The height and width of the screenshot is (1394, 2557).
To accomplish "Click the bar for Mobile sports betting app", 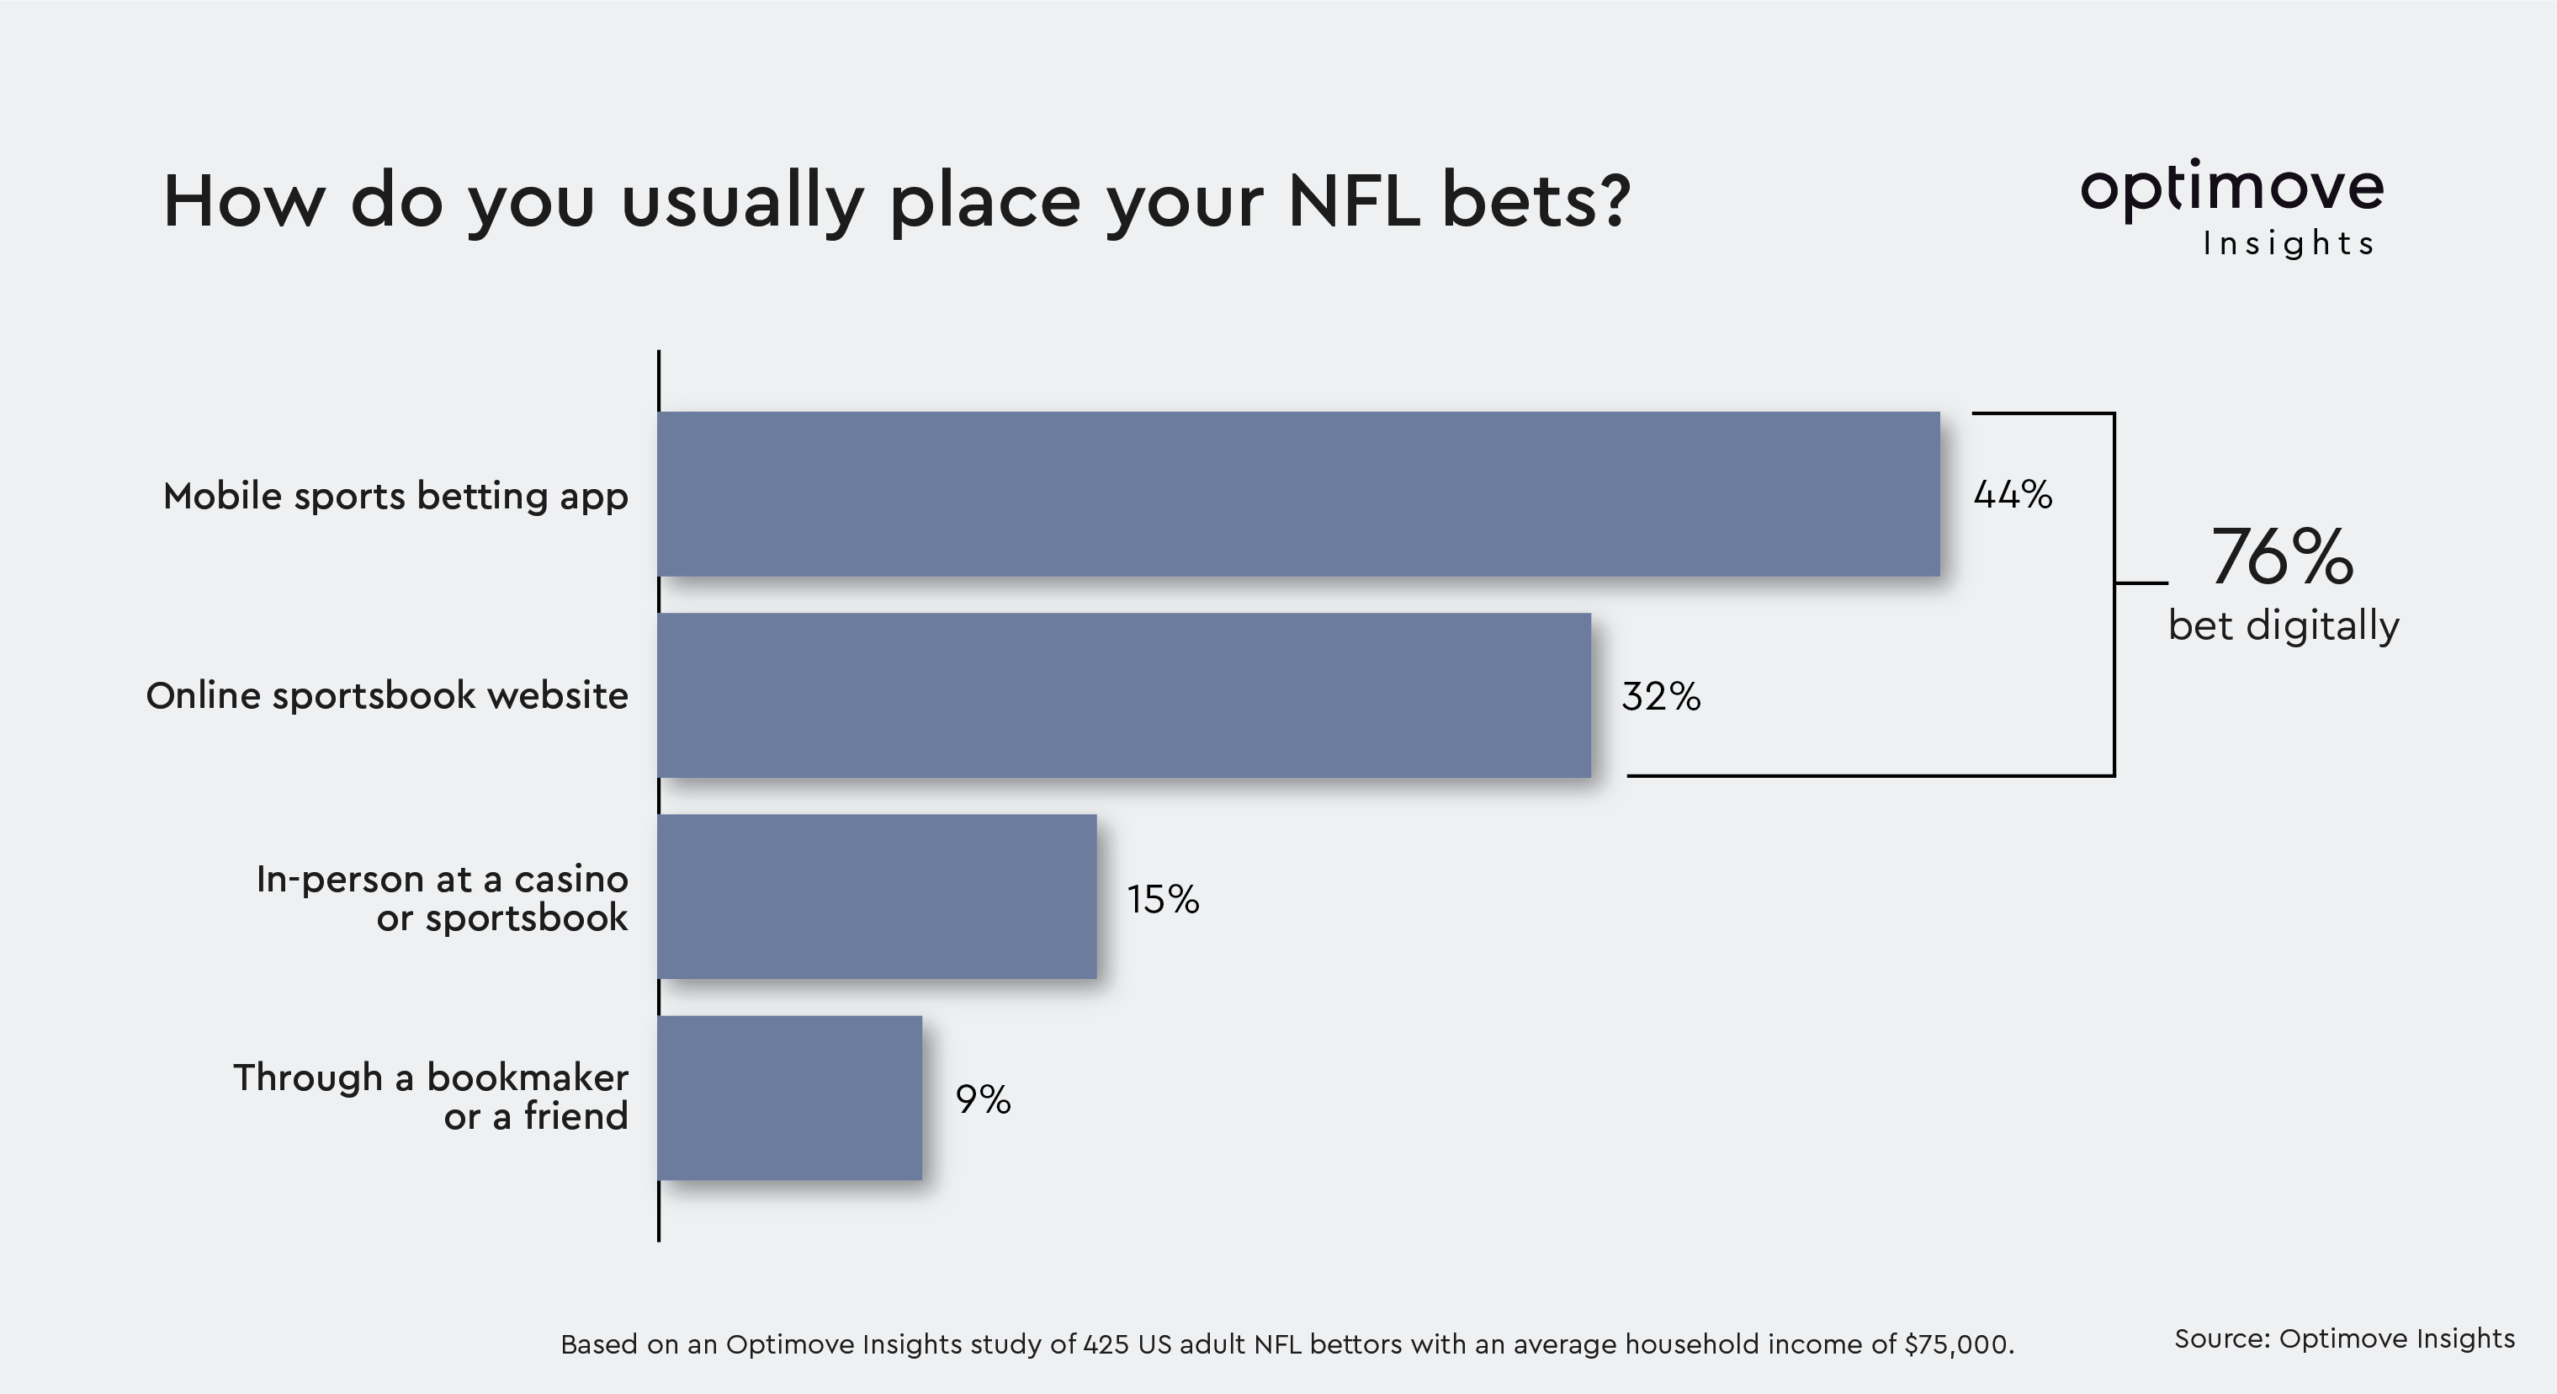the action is click(1298, 493).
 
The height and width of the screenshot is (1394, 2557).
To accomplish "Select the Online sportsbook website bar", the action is click(1123, 695).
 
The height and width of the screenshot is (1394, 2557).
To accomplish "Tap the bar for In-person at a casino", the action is click(877, 897).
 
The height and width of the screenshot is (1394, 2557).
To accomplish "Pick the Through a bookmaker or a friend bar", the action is click(789, 1099).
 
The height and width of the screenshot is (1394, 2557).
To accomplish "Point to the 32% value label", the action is click(1661, 697).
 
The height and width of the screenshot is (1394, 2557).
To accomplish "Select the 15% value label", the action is click(1162, 900).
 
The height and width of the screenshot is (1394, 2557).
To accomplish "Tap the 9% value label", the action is click(983, 1100).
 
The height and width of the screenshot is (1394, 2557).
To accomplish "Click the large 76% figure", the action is click(2282, 557).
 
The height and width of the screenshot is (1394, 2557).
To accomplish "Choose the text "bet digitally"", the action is click(2283, 626).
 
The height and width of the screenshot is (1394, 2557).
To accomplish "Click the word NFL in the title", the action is click(1353, 200).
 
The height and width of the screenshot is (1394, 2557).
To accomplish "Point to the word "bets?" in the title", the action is click(1536, 200).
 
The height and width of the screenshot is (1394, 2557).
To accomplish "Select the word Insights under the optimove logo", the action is click(2288, 243).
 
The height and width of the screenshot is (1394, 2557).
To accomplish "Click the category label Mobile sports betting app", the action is click(395, 497).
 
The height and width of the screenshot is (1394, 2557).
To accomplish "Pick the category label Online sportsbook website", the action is click(387, 696).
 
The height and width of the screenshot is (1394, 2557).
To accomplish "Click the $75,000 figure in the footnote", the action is click(1959, 1345).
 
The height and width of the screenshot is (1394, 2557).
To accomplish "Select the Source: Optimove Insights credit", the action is click(2345, 1339).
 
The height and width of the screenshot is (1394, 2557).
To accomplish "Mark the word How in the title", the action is click(244, 201).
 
